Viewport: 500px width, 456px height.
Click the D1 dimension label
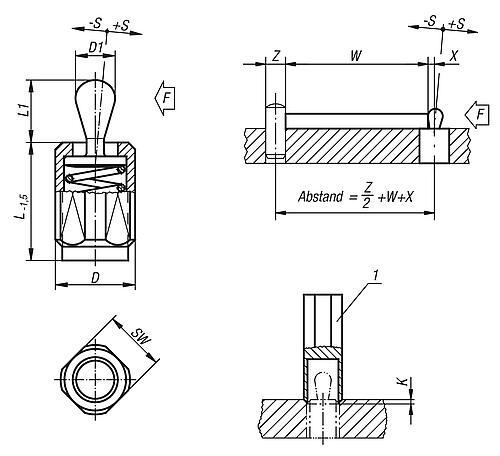pyautogui.click(x=96, y=48)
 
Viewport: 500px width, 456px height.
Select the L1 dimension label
pyautogui.click(x=23, y=110)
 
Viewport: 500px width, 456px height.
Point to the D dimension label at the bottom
pyautogui.click(x=96, y=277)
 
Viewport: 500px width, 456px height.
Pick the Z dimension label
pyautogui.click(x=276, y=56)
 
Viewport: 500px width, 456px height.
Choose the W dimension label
pyautogui.click(x=356, y=56)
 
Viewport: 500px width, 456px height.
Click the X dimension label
pyautogui.click(x=454, y=56)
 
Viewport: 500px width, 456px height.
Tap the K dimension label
pyautogui.click(x=404, y=381)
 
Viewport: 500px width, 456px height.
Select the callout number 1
pyautogui.click(x=376, y=276)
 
